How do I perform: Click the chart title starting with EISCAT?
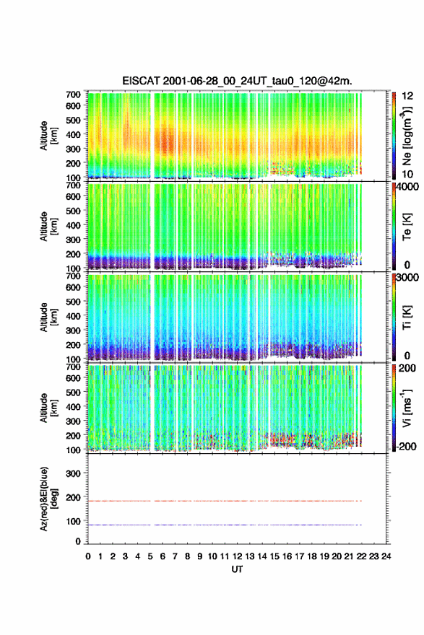(x=237, y=81)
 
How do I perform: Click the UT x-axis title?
(x=237, y=569)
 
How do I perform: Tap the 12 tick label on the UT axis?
(x=237, y=556)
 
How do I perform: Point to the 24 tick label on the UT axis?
(x=386, y=556)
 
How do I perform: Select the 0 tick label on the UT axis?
(x=88, y=556)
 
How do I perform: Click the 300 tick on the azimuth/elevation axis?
(x=73, y=473)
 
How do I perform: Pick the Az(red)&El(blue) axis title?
(x=47, y=499)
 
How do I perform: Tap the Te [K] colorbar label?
(x=407, y=227)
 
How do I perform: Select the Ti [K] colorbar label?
(x=407, y=317)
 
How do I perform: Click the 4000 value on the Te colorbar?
(x=407, y=187)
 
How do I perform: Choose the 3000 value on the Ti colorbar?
(x=407, y=277)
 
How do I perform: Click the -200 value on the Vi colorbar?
(x=405, y=446)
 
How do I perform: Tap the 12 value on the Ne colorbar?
(x=408, y=95)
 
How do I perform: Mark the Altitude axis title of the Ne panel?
(x=47, y=136)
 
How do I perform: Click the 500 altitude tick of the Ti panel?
(x=73, y=302)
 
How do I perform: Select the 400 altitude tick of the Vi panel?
(x=73, y=406)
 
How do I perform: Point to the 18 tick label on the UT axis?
(x=312, y=556)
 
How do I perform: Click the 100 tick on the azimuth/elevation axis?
(x=73, y=521)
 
